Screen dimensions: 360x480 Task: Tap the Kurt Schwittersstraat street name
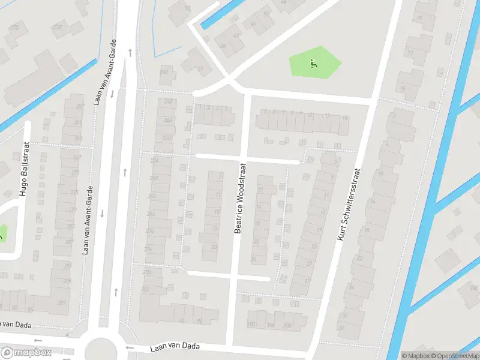click(x=349, y=205)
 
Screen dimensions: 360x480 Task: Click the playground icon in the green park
click(x=311, y=62)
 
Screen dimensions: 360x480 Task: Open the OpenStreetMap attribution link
click(x=454, y=356)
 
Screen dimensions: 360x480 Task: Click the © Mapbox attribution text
click(x=415, y=356)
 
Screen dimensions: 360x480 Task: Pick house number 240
click(x=163, y=71)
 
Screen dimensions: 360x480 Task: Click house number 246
click(x=167, y=120)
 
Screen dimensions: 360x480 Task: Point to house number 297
click(x=62, y=303)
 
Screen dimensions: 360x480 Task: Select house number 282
click(x=145, y=289)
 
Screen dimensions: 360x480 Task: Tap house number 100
click(x=251, y=325)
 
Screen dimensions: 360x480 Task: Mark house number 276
click(x=148, y=249)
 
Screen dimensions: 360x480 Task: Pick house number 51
click(x=200, y=70)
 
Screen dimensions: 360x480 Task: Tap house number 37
click(x=341, y=328)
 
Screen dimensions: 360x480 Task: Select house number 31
click(x=307, y=280)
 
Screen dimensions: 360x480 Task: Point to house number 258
click(x=154, y=161)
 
